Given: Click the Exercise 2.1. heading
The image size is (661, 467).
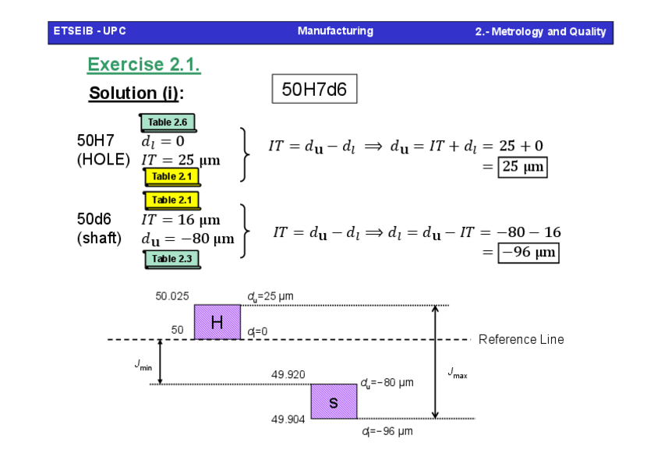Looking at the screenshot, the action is click(143, 65).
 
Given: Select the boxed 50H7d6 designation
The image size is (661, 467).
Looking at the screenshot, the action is click(314, 89).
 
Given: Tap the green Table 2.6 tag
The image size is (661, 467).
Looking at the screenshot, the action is click(168, 122).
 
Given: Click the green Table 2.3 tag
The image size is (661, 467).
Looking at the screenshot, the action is click(171, 259).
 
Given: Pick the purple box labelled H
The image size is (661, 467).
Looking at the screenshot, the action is click(217, 322).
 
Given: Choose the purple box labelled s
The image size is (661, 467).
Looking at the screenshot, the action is click(334, 402).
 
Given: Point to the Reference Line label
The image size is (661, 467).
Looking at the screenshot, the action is click(521, 339).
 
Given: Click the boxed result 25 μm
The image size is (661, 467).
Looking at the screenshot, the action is click(523, 167).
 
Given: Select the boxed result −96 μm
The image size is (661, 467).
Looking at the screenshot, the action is click(529, 253).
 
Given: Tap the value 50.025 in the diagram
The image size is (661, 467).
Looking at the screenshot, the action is click(172, 296).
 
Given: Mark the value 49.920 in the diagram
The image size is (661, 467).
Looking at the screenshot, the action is click(288, 375).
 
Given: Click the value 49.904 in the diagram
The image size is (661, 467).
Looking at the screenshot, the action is click(288, 419).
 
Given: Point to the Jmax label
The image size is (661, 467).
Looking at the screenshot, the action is click(458, 373).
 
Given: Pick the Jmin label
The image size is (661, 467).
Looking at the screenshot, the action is click(143, 364).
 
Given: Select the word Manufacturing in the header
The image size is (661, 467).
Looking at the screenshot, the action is click(335, 31).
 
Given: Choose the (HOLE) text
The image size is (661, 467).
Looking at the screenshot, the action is click(103, 160).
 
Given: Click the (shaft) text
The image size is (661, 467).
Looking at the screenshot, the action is click(99, 238).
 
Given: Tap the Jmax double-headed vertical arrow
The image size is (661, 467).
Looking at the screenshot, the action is click(435, 362).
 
